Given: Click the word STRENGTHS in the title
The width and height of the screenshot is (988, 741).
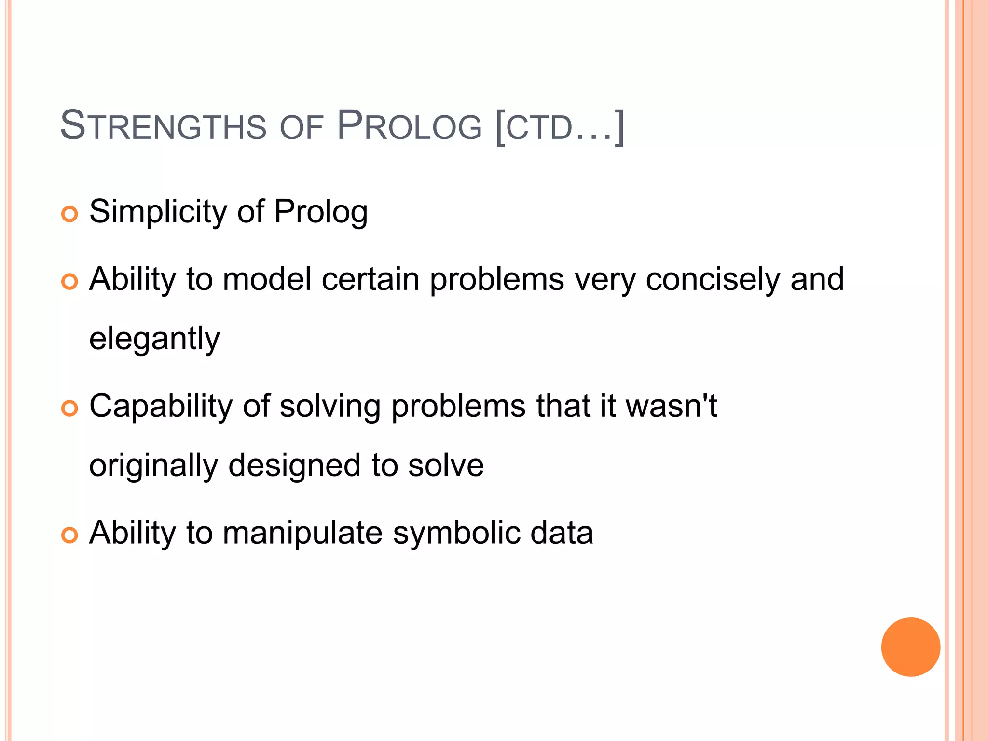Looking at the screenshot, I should (x=163, y=126).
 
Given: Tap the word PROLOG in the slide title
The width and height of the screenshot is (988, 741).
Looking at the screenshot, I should (x=409, y=126).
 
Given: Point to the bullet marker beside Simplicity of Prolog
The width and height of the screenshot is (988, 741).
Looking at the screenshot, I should (x=70, y=214).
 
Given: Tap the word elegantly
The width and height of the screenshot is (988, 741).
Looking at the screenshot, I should (x=154, y=339).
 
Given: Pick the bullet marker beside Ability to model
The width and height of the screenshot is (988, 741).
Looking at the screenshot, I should (x=70, y=282).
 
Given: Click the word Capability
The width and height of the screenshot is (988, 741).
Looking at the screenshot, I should (x=161, y=406).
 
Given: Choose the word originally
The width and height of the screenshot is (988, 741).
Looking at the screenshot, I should (x=154, y=466).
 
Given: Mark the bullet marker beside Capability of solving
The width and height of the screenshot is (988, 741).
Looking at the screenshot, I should (x=70, y=409).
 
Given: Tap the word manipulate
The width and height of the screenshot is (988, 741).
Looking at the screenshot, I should (x=302, y=534).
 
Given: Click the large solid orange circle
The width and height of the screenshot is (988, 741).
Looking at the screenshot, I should (x=910, y=647).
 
